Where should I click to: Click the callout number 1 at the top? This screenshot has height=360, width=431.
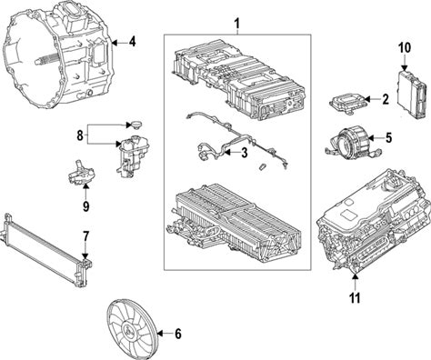[237, 24]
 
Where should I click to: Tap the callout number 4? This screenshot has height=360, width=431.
[132, 42]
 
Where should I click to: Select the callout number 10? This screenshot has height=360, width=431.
[405, 48]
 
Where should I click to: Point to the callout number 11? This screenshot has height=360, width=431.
[355, 298]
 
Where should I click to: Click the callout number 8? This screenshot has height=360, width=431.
[80, 135]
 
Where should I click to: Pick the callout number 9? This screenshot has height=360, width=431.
[85, 206]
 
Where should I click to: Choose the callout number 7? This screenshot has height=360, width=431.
[85, 236]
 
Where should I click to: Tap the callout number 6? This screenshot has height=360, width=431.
[178, 334]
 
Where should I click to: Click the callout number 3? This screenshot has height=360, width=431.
[244, 153]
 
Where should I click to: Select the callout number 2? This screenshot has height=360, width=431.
[386, 99]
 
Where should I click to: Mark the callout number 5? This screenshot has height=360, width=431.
[388, 138]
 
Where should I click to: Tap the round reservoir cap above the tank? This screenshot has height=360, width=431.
[135, 125]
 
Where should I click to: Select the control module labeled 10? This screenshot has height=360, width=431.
[413, 95]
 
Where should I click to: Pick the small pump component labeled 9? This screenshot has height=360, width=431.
[80, 174]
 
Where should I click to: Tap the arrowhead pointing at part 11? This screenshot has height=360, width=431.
[355, 276]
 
